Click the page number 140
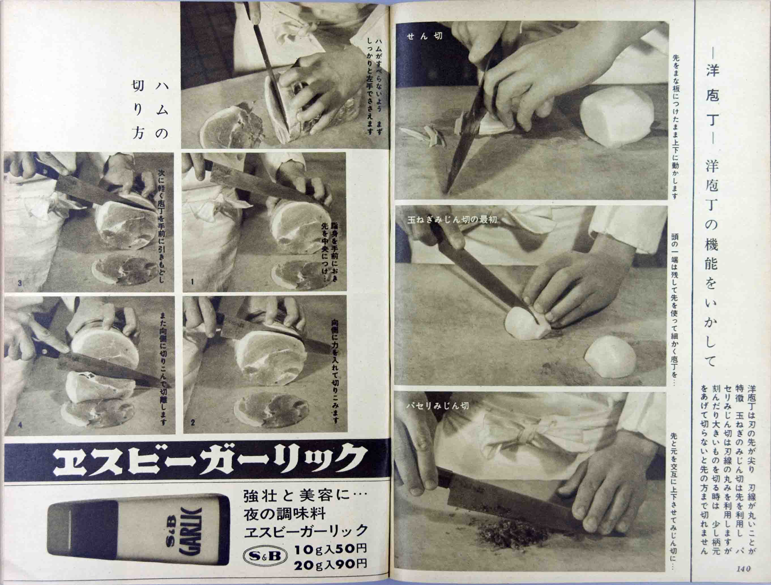[x=744, y=569]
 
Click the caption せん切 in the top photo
[x=424, y=36]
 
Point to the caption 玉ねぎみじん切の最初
[x=452, y=220]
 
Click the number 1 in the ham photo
[x=192, y=282]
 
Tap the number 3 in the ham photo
[x=20, y=283]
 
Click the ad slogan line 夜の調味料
[x=285, y=514]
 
